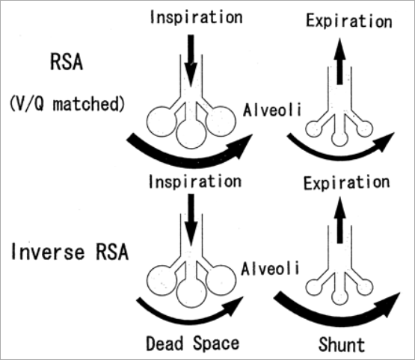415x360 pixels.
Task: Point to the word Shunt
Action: tap(340, 344)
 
